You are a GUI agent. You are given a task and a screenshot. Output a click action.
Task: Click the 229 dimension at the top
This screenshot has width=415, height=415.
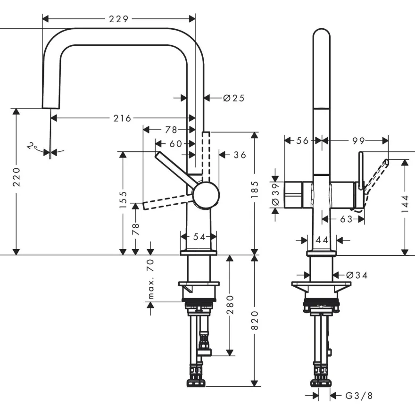click(x=118, y=19)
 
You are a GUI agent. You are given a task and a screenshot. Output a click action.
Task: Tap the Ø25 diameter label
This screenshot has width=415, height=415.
click(x=234, y=98)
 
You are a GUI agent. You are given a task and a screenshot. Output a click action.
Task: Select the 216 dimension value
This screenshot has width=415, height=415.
click(x=122, y=118)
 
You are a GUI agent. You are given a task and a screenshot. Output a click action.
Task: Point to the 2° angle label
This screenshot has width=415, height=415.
click(x=32, y=146)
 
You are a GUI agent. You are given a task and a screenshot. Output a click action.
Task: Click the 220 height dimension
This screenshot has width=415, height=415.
click(x=17, y=177)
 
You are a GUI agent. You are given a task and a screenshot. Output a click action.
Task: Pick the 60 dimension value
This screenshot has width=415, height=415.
click(x=176, y=144)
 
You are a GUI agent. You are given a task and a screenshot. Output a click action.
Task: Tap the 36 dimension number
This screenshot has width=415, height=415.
click(x=240, y=155)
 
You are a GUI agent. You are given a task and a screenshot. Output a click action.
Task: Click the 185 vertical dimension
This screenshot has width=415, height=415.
click(x=254, y=190)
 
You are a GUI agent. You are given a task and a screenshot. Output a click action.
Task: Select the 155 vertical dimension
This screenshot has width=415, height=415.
click(x=123, y=199)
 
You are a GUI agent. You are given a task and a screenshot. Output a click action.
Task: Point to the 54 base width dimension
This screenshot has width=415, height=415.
click(x=199, y=237)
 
